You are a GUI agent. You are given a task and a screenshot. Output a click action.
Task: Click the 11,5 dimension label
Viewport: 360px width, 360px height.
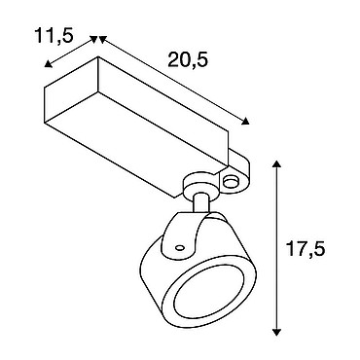click(54, 35)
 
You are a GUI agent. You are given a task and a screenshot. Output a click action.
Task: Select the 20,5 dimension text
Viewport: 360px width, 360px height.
click(188, 60)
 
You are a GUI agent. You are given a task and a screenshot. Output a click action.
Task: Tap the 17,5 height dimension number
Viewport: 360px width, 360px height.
click(306, 249)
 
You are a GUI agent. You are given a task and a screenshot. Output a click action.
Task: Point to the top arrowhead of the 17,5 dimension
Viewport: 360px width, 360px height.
click(276, 163)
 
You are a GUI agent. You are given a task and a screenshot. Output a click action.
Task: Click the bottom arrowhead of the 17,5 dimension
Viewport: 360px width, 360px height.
click(276, 332)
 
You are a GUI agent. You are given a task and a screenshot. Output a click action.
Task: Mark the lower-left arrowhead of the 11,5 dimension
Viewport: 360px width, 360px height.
click(48, 64)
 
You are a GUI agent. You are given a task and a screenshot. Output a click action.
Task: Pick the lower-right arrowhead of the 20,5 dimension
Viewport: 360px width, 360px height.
click(245, 121)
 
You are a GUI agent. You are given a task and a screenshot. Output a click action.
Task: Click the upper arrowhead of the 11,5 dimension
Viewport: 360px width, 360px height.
click(94, 39)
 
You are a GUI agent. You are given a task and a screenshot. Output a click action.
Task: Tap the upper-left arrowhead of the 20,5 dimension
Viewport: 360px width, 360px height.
click(102, 39)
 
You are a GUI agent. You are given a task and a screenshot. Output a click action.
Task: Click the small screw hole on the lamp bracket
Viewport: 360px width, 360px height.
click(179, 248)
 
